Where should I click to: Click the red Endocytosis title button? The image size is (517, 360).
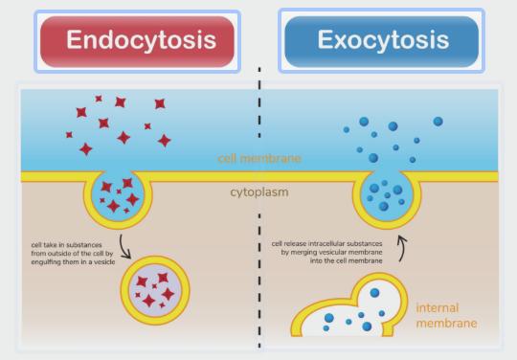tap(137, 41)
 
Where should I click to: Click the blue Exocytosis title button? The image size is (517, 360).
tap(381, 41)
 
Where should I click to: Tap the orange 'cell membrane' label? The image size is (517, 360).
tap(259, 159)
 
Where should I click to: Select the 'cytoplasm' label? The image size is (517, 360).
tap(259, 192)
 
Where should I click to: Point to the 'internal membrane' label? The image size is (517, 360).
tap(446, 316)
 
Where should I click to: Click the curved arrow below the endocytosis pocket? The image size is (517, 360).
tap(123, 247)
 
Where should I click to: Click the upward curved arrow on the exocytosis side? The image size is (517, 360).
tap(402, 248)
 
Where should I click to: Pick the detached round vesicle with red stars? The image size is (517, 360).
tap(155, 290)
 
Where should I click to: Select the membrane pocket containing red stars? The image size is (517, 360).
tap(118, 199)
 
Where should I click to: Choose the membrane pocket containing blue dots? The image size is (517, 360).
tap(387, 199)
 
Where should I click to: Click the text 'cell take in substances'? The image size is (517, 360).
tap(67, 245)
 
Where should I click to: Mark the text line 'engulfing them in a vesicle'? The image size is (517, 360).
tap(73, 262)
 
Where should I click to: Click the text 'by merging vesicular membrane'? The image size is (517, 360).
tap(331, 252)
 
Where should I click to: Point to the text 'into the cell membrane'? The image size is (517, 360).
tap(347, 260)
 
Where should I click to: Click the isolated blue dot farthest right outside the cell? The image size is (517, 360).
tap(438, 122)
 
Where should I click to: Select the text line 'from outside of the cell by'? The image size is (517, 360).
tap(72, 254)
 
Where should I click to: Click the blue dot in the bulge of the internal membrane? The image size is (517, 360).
tap(374, 292)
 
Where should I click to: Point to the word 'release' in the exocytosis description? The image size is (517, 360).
tap(295, 243)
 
